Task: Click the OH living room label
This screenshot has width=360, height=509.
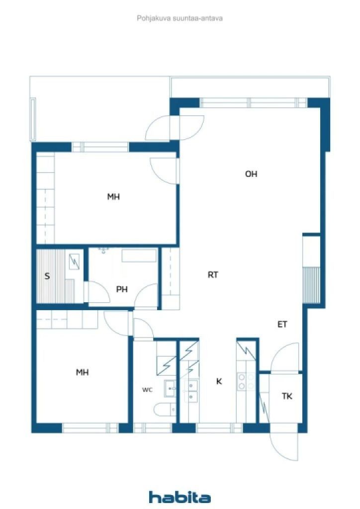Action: (x=251, y=174)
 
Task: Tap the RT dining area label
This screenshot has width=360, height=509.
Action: (x=213, y=275)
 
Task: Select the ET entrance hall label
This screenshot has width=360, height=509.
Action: (x=282, y=324)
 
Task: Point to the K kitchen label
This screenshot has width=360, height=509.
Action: (x=219, y=381)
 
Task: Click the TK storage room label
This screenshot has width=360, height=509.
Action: (x=287, y=396)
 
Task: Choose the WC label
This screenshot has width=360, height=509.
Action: (x=147, y=390)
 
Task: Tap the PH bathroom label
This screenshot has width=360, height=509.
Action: (x=122, y=289)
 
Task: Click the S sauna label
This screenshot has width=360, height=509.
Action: (x=47, y=276)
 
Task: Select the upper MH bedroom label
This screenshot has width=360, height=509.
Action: (x=113, y=197)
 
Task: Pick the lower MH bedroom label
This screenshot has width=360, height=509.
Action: (x=82, y=372)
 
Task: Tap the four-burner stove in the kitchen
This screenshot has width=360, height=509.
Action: (x=246, y=381)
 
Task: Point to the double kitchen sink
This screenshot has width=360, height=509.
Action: (x=191, y=391)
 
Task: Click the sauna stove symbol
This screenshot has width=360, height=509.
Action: (x=75, y=261)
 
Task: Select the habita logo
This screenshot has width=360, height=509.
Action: (x=180, y=497)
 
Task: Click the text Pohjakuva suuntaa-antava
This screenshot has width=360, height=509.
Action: (x=180, y=18)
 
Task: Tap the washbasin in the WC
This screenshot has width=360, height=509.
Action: (x=170, y=388)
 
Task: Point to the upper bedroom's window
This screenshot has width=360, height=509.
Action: (x=100, y=147)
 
